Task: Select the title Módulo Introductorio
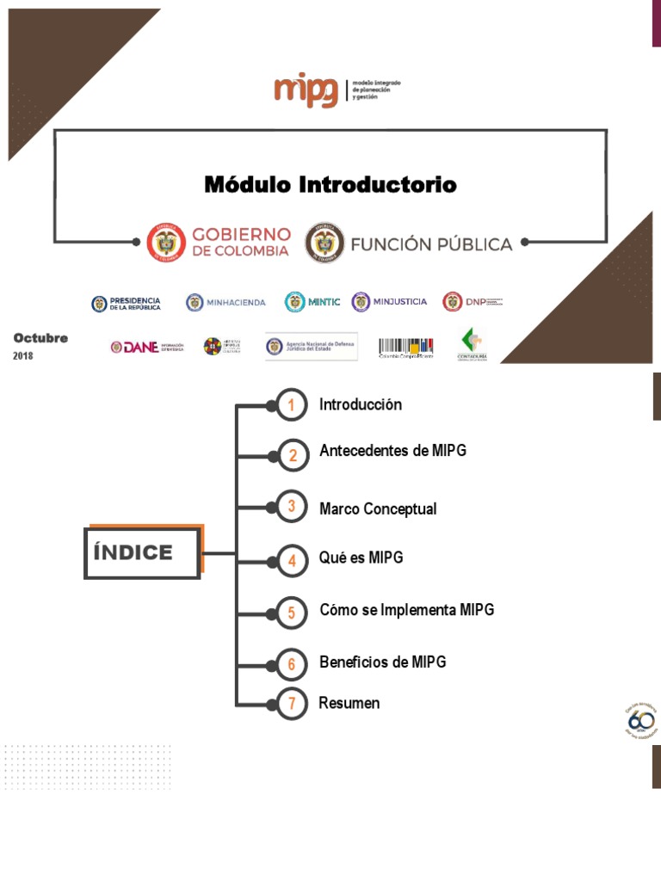(x=330, y=184)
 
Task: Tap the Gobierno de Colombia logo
(x=219, y=242)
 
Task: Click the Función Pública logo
(x=410, y=243)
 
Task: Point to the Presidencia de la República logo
(x=126, y=303)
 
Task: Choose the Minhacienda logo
(x=225, y=302)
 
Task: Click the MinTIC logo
(x=312, y=302)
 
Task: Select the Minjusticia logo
(x=388, y=302)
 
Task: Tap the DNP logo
(x=472, y=302)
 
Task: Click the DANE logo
(x=146, y=347)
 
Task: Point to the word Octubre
(x=40, y=338)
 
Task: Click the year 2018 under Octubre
(x=23, y=355)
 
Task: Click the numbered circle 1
(x=293, y=405)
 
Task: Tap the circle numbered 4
(x=293, y=562)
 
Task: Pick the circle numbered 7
(x=293, y=705)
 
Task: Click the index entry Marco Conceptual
(x=378, y=508)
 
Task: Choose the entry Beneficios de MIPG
(x=382, y=662)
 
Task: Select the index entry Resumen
(x=349, y=703)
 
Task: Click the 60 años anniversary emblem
(x=639, y=720)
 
